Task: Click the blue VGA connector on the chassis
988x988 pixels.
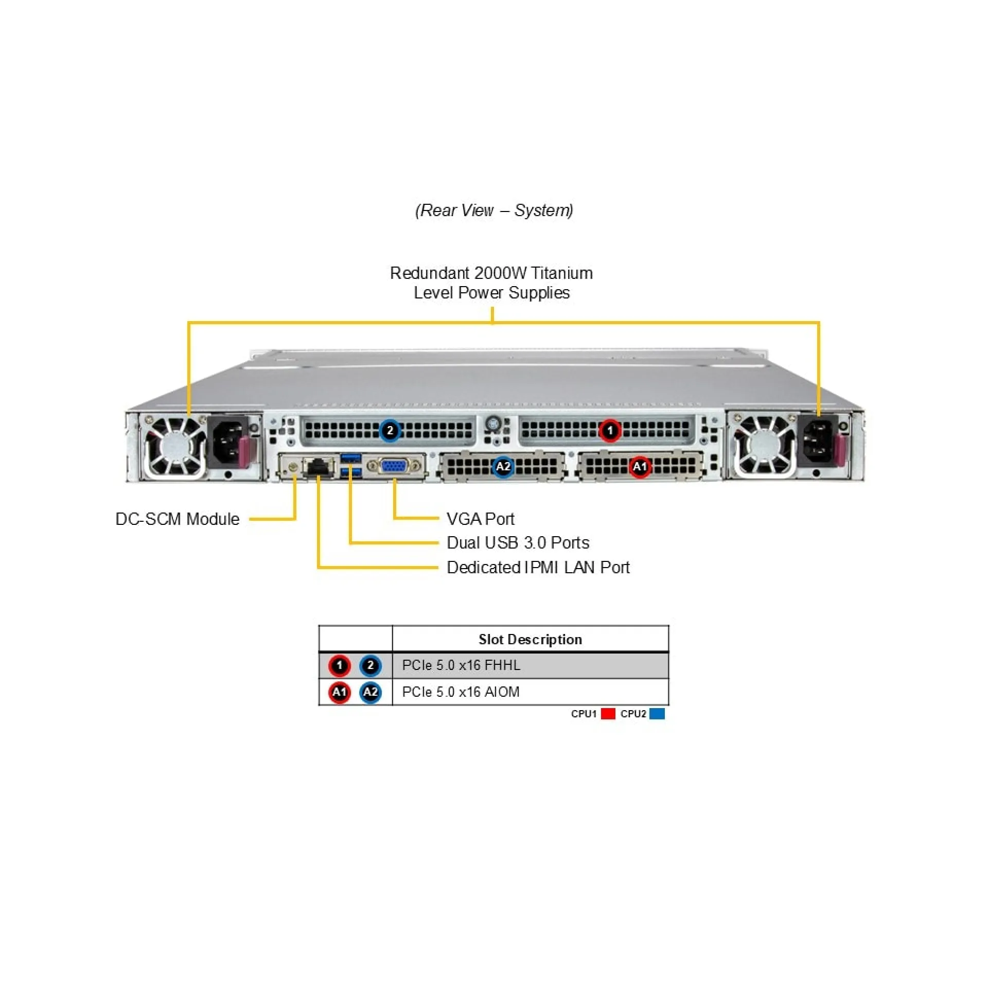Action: [x=393, y=466]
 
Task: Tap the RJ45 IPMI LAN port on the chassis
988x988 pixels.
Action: [x=319, y=467]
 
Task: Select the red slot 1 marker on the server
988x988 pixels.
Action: [x=610, y=430]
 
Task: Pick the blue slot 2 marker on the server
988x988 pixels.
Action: [x=390, y=430]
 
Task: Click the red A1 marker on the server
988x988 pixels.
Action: [x=640, y=467]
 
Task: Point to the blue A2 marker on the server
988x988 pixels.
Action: [x=503, y=467]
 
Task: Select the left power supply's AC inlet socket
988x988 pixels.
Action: [x=228, y=443]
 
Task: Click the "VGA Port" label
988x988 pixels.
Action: [x=480, y=519]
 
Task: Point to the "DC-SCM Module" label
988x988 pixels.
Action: [x=178, y=519]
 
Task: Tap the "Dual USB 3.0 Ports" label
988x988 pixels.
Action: [x=518, y=543]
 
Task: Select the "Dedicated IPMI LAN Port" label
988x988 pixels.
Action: [x=538, y=567]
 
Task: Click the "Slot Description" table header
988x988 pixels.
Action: [x=530, y=639]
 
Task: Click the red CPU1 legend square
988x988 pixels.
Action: [x=608, y=714]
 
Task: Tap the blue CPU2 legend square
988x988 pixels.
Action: [x=657, y=714]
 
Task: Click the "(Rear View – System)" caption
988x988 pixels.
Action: [x=494, y=210]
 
